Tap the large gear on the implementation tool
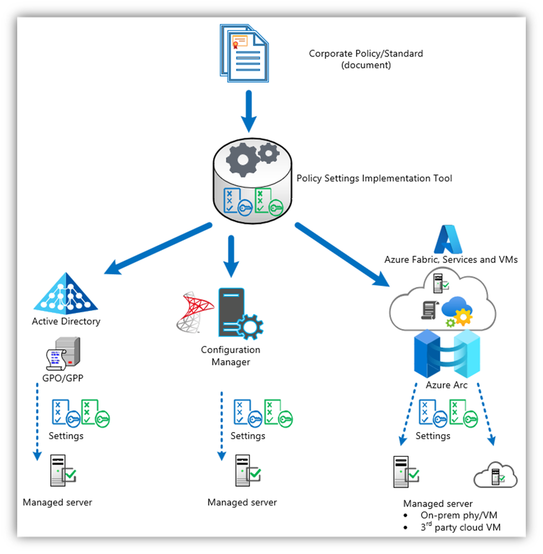point(242,160)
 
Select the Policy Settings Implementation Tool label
point(374,179)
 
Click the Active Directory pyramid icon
point(66,292)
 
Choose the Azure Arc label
point(446,385)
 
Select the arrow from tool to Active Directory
point(158,248)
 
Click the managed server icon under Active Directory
point(62,470)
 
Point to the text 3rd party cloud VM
point(460,527)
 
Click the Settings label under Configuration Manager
point(247,436)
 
